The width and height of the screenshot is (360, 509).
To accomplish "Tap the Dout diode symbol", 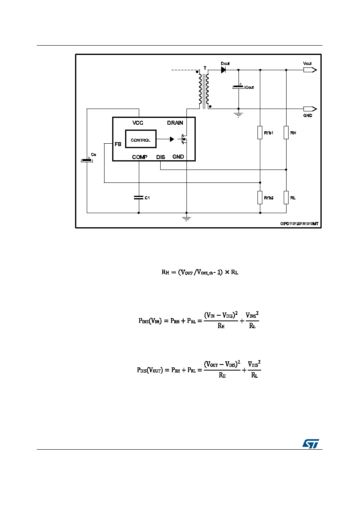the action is click(x=223, y=70).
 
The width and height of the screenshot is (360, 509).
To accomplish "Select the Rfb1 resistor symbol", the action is click(x=260, y=132).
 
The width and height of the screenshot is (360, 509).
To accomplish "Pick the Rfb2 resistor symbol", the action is click(x=260, y=197).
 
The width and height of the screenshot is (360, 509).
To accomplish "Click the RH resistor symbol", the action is click(x=286, y=132).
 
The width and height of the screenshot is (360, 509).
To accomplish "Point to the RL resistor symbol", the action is click(x=286, y=197).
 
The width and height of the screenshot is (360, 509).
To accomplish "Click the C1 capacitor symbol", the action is click(x=139, y=198).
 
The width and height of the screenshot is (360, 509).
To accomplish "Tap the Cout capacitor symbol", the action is click(x=239, y=87).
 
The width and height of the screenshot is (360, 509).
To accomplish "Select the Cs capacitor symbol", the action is click(x=87, y=160).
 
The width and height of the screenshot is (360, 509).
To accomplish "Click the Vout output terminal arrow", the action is click(x=310, y=70).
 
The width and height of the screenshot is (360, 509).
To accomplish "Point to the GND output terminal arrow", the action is click(x=310, y=109).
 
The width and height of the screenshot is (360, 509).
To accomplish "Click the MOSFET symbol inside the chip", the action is click(x=183, y=139).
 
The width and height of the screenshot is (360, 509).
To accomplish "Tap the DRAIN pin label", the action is click(x=175, y=123).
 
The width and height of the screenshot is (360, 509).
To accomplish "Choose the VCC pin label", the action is click(x=138, y=123).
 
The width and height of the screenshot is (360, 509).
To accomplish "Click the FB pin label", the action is click(x=118, y=144).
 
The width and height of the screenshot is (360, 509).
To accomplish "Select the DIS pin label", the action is click(x=161, y=157).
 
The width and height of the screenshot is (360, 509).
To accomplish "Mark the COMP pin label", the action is click(x=140, y=157).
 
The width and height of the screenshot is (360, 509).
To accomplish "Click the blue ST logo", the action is click(x=310, y=444).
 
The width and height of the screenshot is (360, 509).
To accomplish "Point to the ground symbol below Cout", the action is click(x=239, y=115).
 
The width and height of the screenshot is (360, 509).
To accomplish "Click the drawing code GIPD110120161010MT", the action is click(x=299, y=224).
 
